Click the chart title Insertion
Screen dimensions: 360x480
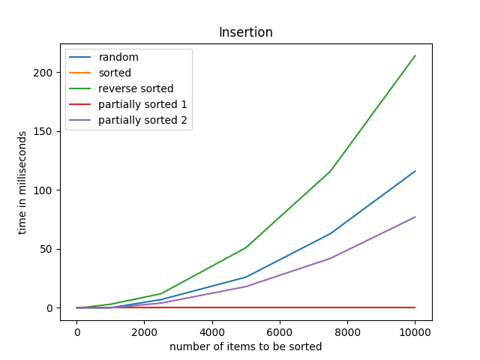245,32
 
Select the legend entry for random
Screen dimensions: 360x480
118,58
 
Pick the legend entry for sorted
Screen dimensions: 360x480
115,73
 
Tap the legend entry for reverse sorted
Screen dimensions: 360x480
136,89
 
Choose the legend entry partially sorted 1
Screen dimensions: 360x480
142,105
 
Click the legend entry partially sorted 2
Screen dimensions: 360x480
142,121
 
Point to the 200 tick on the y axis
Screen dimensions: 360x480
46,73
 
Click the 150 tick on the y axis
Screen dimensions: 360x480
46,131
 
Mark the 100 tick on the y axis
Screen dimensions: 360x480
46,190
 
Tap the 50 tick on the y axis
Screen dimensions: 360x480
49,249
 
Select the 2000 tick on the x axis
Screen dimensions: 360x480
144,332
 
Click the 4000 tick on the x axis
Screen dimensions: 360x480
212,332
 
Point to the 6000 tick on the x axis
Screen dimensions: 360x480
280,332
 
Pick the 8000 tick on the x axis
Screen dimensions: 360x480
347,332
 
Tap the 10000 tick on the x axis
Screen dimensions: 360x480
415,332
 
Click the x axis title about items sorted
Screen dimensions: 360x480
245,346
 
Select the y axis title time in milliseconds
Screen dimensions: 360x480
22,182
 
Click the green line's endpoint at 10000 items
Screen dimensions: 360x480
415,55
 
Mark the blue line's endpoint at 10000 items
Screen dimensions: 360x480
415,171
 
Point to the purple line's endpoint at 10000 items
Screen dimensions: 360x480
415,217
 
